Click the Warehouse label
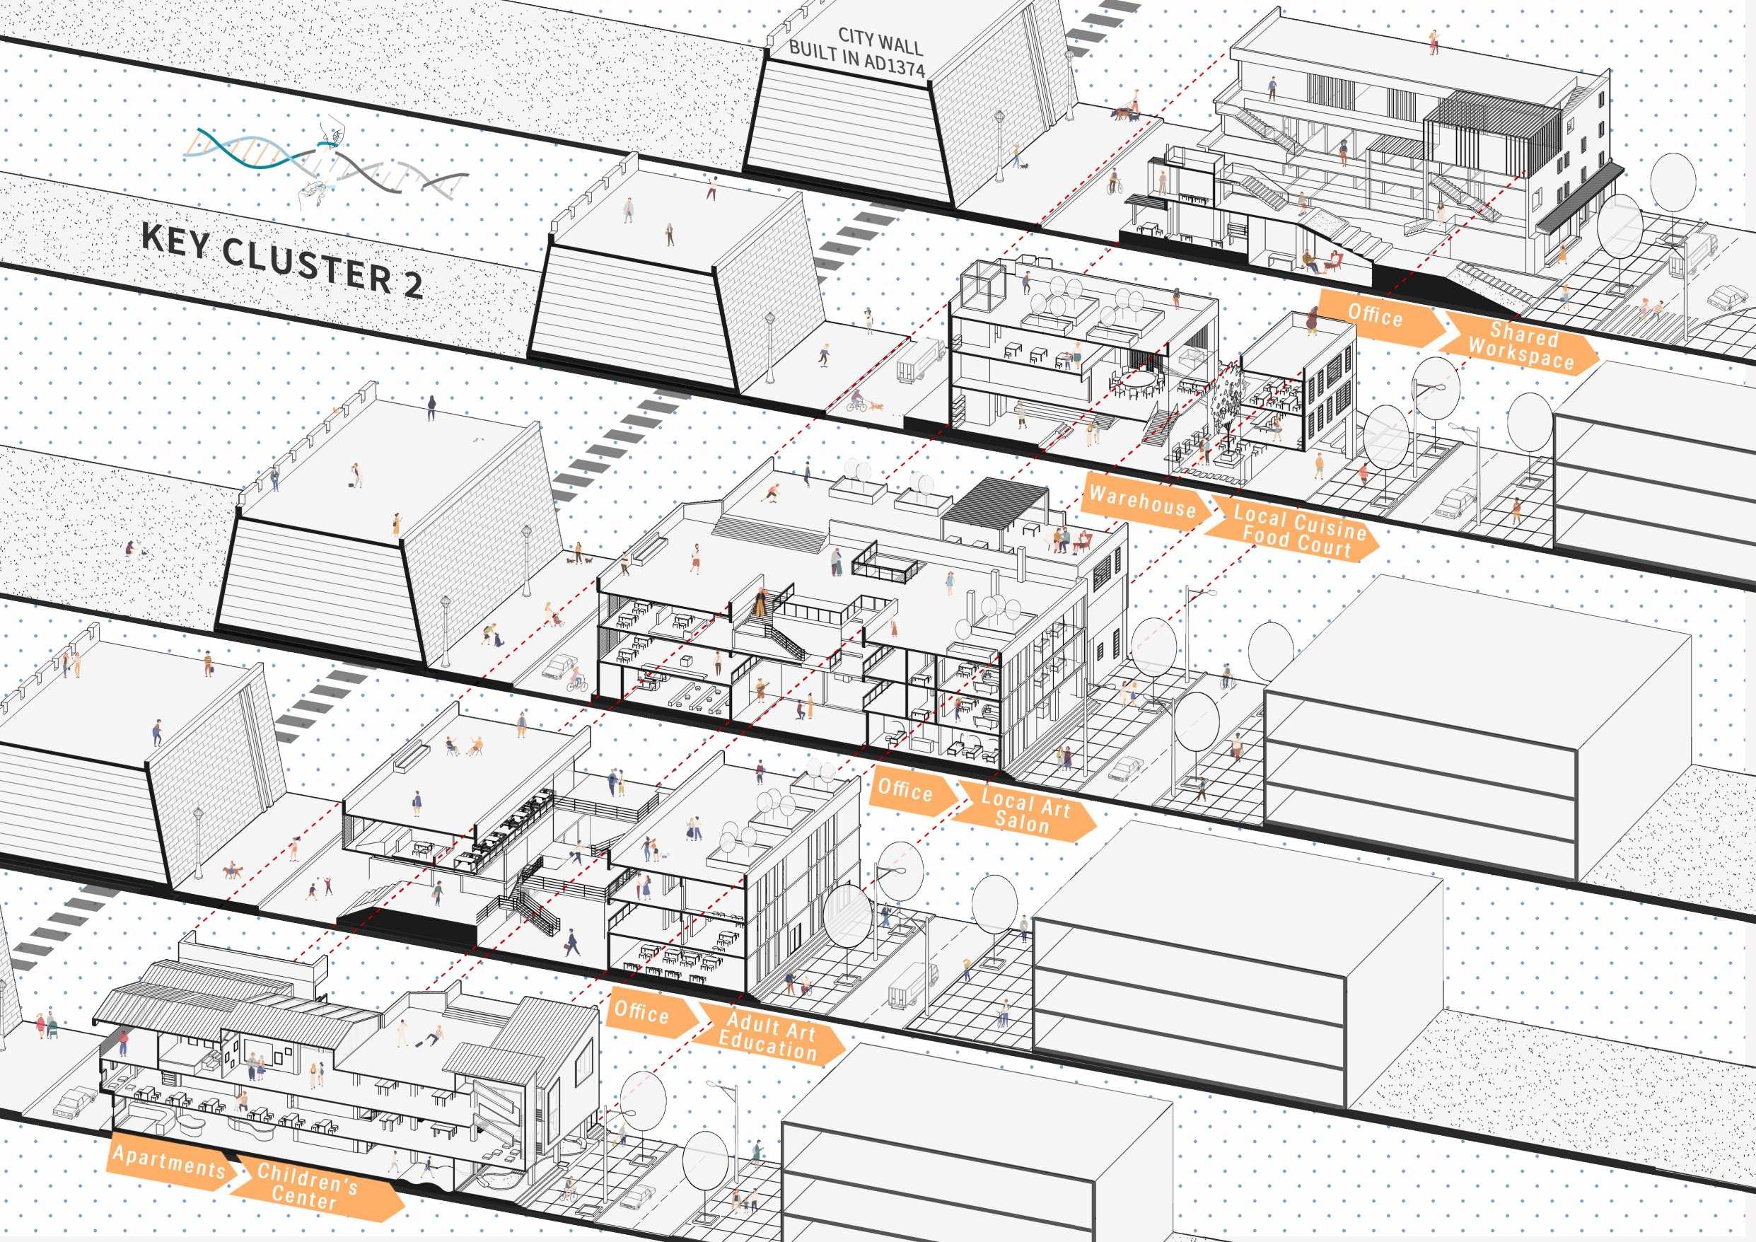[x=1143, y=501]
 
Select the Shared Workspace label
[x=1520, y=347]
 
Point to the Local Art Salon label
[x=1025, y=810]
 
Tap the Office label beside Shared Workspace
[x=1374, y=314]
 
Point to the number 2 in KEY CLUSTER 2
[x=412, y=284]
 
